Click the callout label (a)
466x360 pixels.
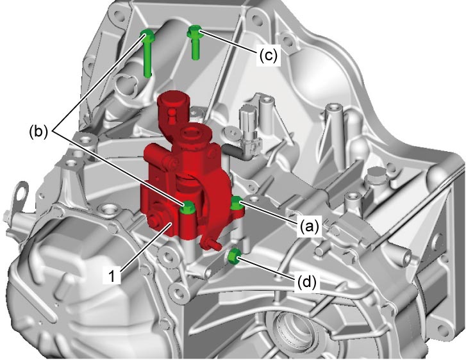tap(309, 227)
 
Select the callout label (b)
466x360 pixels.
tap(38, 132)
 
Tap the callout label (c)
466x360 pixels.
tap(268, 55)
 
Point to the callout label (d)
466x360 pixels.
tap(306, 282)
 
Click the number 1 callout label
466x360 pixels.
tap(112, 275)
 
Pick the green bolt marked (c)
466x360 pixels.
tap(195, 42)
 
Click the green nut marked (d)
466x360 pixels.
tap(234, 256)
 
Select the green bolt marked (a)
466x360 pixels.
tap(237, 204)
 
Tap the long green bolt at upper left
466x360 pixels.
tap(147, 53)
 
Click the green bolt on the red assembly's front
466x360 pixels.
tap(188, 207)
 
